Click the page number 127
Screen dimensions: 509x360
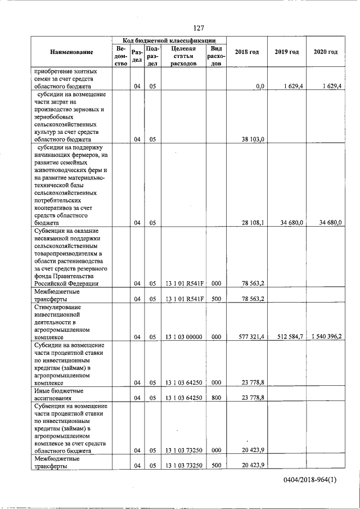pos(198,28)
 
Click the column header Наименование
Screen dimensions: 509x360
pos(71,52)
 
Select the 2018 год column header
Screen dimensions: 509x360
pos(247,52)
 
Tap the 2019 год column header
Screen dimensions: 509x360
pos(286,52)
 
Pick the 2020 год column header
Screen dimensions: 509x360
pos(326,52)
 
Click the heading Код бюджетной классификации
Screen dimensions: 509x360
pos(169,40)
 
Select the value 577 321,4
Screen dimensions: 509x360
pos(250,336)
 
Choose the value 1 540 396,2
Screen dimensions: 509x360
pos(326,336)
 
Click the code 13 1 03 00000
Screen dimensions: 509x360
pos(183,337)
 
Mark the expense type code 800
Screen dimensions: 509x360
pos(215,398)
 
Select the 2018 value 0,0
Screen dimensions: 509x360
pos(259,86)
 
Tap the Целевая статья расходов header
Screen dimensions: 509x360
pos(183,56)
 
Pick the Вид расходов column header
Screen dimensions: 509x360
pos(216,56)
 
